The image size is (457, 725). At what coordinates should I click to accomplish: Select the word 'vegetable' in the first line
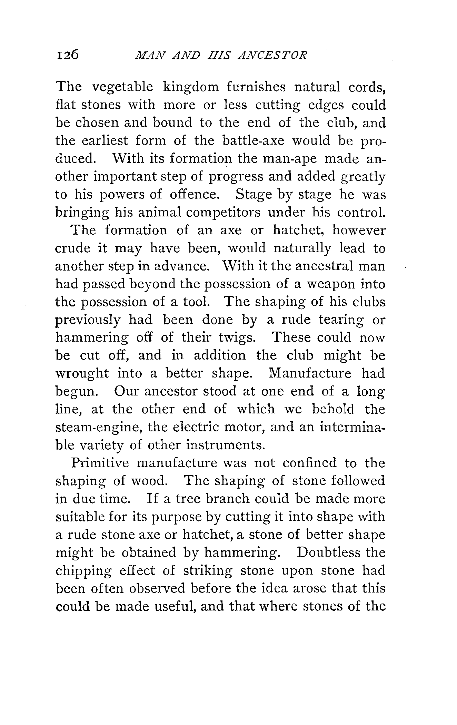click(x=122, y=87)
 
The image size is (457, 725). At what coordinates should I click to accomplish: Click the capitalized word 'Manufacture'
click(x=310, y=373)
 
